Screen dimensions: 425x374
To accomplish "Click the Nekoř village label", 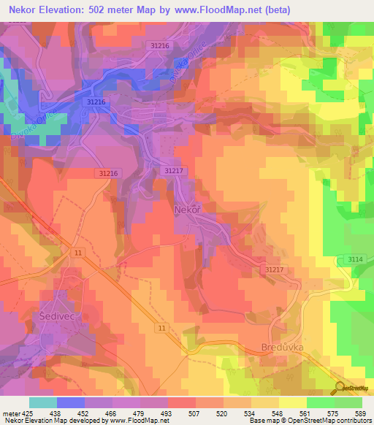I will coord(188,210).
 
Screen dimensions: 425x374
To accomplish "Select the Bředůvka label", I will coord(281,348).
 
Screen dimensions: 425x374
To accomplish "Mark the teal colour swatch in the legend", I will coord(43,402).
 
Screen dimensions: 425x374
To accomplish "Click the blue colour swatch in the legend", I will coord(71,402).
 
